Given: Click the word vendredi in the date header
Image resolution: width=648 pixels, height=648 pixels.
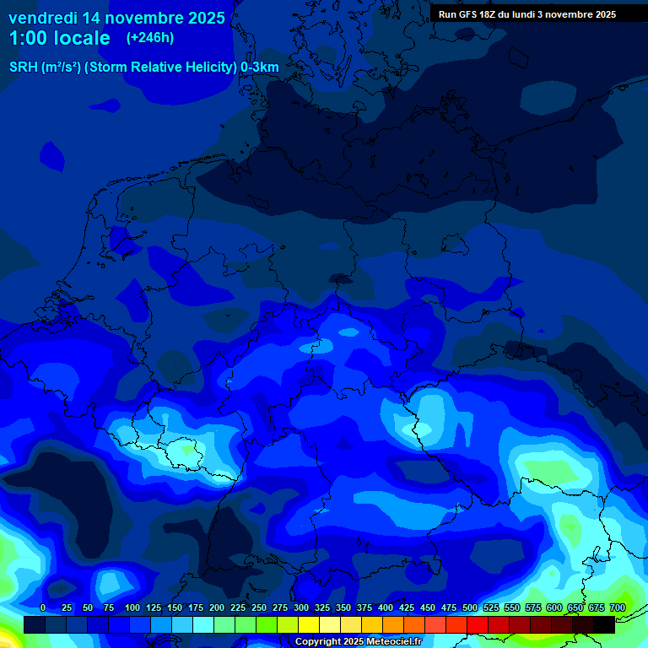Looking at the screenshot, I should tap(42, 18).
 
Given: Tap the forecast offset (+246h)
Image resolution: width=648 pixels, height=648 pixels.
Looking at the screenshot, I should tap(150, 38).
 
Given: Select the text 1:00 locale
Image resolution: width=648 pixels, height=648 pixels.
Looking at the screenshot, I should tap(59, 38).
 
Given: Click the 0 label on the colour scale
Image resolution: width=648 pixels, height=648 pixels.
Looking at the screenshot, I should tap(43, 607).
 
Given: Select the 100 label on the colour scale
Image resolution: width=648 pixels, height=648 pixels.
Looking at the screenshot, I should tap(132, 607).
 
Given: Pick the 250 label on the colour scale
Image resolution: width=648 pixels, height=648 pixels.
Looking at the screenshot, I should tap(259, 607).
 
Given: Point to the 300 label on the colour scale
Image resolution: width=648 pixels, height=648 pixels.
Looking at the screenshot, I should tap(301, 607).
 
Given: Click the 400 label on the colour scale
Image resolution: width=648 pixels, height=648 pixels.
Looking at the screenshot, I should tap(386, 607).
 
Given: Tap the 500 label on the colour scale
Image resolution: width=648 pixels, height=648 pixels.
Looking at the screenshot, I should tap(470, 607).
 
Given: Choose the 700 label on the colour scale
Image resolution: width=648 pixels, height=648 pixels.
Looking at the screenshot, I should tap(618, 607).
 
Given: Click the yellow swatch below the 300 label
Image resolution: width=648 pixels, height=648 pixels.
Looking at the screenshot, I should tap(309, 624).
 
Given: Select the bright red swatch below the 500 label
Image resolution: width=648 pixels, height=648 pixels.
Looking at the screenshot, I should tap(478, 624).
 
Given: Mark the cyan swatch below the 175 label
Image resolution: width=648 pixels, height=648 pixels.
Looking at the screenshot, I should tap(203, 624).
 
